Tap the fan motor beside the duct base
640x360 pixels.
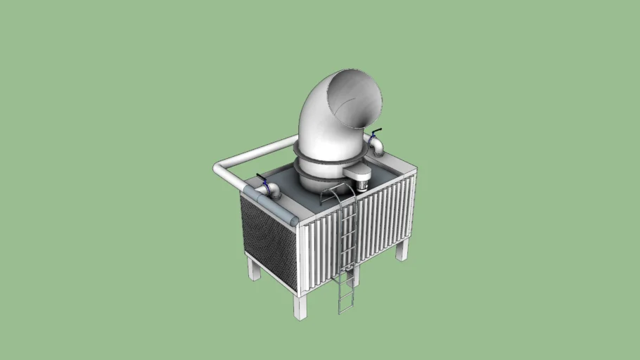pos(359,180)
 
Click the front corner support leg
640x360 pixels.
pos(301,305)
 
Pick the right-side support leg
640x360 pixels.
pos(402,248)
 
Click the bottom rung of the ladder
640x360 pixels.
pos(345,307)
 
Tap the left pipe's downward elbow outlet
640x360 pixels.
pos(274,191)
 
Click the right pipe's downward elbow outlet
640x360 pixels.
pos(378,148)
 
